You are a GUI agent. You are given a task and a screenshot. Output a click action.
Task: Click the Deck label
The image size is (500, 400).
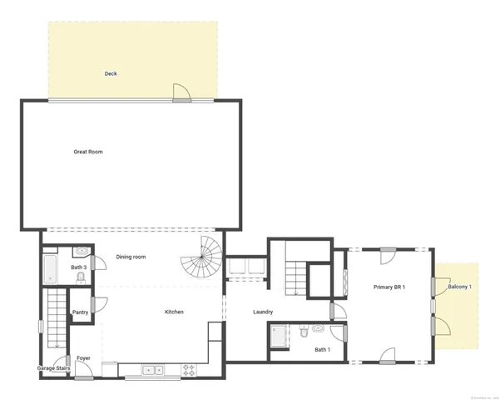click(x=111, y=73)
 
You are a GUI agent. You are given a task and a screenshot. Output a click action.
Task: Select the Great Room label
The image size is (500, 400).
click(x=88, y=152)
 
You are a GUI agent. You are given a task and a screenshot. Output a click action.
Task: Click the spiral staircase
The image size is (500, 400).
click(x=203, y=258)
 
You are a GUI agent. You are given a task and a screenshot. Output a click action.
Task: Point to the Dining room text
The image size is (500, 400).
click(x=131, y=257)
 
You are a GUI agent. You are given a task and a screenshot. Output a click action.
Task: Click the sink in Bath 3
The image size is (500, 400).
click(x=82, y=251)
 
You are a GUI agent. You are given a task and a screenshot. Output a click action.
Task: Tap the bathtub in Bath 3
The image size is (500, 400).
click(x=50, y=270)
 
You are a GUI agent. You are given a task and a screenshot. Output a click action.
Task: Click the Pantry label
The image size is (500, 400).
click(x=81, y=312)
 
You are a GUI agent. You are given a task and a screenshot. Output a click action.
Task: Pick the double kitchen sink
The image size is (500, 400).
click(x=152, y=369)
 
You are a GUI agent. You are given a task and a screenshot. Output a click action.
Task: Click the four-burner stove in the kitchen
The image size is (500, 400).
click(x=189, y=369)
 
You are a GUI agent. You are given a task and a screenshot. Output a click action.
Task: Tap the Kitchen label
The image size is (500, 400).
click(x=174, y=312)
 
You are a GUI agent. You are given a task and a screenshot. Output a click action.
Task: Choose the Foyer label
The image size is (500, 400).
click(x=83, y=358)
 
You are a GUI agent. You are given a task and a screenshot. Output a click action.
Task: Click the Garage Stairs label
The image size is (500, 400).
click(x=52, y=367)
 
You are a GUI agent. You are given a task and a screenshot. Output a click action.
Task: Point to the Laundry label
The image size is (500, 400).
click(x=263, y=312)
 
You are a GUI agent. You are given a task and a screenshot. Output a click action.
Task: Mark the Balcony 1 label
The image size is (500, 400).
click(x=459, y=287)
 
